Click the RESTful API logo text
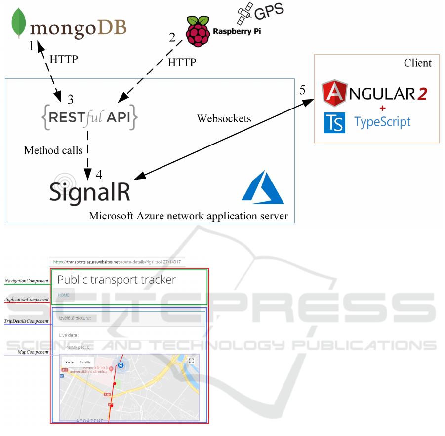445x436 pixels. [89, 117]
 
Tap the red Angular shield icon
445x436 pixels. [334, 94]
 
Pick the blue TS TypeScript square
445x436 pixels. [334, 123]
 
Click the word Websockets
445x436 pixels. [224, 119]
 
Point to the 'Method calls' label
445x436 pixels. [53, 150]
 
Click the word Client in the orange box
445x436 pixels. [417, 63]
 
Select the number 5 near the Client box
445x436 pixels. [302, 90]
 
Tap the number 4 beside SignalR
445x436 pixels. [99, 175]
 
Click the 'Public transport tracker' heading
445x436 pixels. [117, 280]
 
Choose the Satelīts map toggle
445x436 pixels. [84, 362]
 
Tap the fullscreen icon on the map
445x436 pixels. [192, 361]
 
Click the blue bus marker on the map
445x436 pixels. [121, 366]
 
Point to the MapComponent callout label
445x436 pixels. [33, 352]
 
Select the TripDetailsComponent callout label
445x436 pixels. [27, 321]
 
